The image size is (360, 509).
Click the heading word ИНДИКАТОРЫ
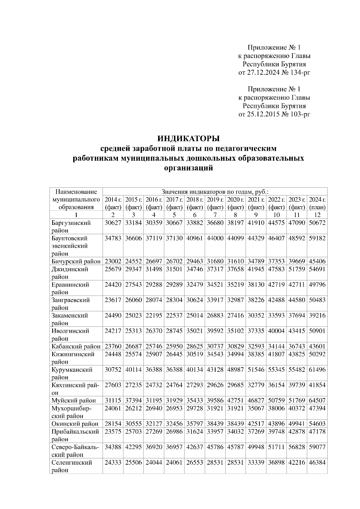[x=189, y=139]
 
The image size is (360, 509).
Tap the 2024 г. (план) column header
[x=317, y=203]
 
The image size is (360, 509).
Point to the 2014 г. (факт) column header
[x=113, y=203]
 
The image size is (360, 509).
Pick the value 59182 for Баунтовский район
[x=317, y=238]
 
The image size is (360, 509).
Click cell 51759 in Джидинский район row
[x=297, y=269]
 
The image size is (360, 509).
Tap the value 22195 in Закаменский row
[x=154, y=315]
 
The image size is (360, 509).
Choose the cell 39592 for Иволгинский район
[x=215, y=331]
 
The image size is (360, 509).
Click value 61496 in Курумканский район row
[x=317, y=370]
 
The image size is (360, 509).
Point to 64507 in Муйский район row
[x=317, y=400]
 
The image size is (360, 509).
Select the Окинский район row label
[x=75, y=424]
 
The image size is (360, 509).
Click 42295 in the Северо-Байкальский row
[x=133, y=447]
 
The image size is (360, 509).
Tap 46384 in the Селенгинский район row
[x=317, y=463]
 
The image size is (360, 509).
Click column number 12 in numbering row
[x=317, y=215]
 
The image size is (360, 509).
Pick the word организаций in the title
[x=189, y=168]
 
